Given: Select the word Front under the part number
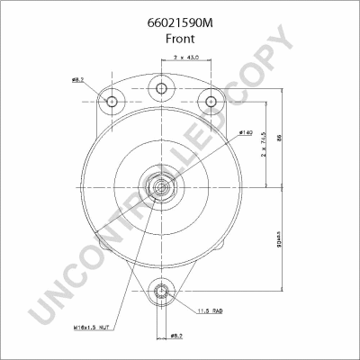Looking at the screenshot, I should click(180, 40).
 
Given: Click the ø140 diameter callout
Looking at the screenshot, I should click(245, 133).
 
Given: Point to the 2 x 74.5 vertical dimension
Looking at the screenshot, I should click(263, 144).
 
